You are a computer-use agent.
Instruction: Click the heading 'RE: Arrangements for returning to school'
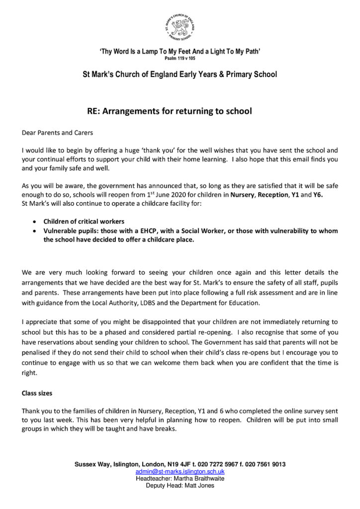170,111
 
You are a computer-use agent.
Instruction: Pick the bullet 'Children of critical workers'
83,221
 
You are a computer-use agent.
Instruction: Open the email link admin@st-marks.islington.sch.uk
180,471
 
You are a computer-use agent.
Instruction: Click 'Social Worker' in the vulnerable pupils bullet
191,231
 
